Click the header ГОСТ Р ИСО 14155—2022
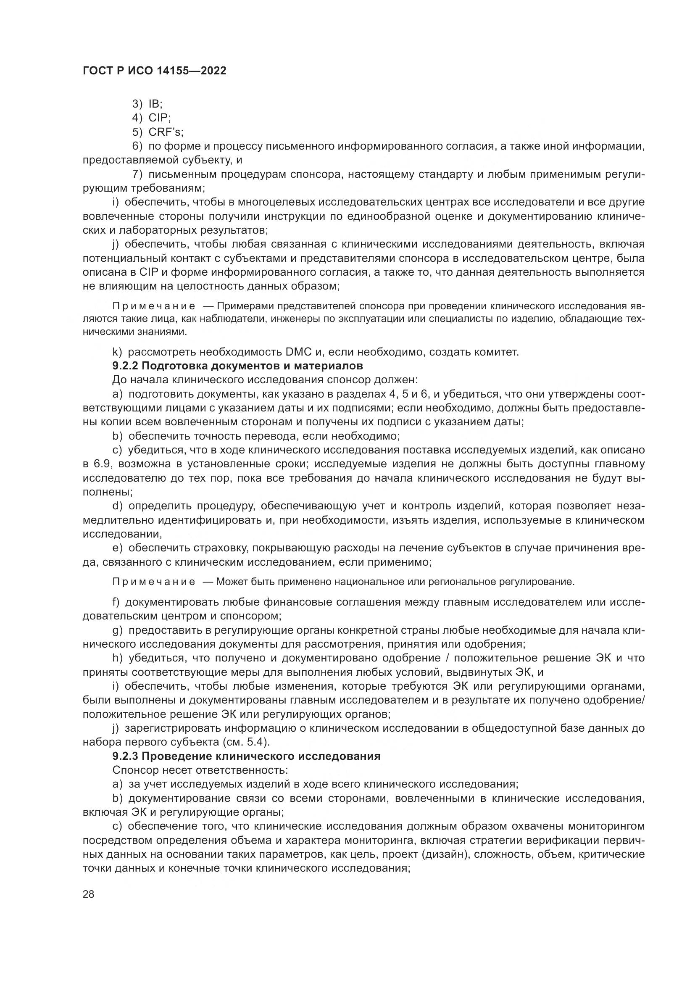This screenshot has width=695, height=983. [155, 71]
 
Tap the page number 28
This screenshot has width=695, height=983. [89, 894]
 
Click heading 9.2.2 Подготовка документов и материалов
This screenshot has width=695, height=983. [237, 366]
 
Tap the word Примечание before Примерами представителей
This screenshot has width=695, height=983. [154, 306]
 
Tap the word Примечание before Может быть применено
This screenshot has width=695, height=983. [154, 582]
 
